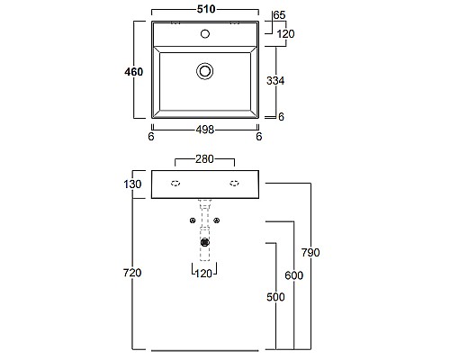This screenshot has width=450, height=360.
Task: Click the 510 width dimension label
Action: [206, 9]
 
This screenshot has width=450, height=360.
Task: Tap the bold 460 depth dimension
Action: [134, 72]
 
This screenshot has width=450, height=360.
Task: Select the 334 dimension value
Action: [275, 80]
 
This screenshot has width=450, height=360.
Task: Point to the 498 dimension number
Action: [205, 130]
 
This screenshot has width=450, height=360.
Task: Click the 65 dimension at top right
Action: [280, 15]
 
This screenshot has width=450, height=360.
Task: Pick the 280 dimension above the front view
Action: [204, 159]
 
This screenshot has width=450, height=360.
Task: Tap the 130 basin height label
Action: [132, 184]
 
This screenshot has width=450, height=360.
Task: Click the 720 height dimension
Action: [132, 273]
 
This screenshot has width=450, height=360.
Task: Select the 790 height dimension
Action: [310, 253]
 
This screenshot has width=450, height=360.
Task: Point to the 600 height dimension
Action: [294, 275]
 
